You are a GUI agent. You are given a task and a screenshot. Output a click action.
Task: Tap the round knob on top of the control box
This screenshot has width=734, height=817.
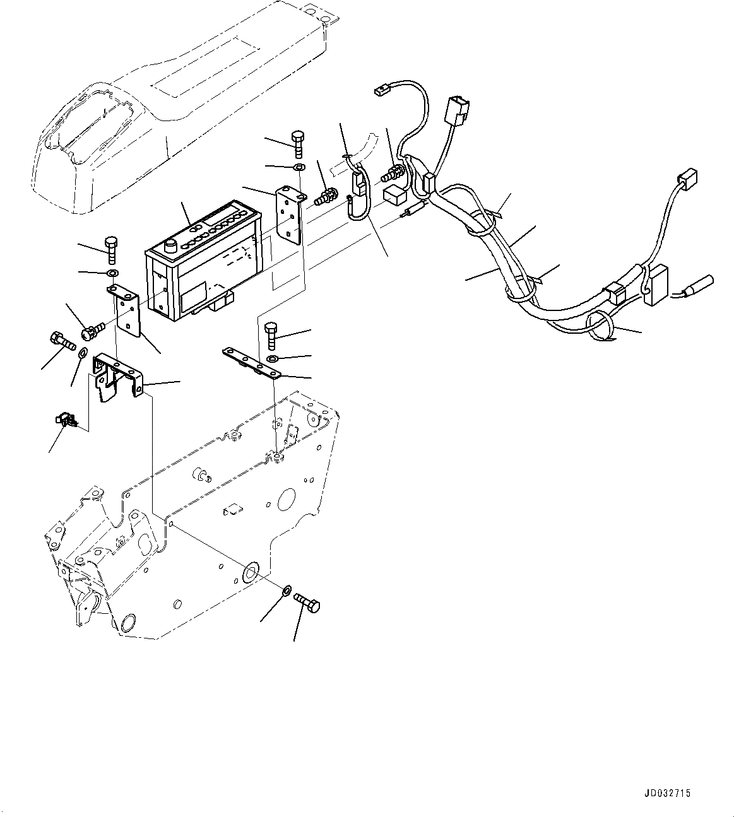tap(170, 246)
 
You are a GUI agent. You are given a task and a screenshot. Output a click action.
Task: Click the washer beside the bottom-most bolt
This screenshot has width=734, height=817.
tap(286, 591)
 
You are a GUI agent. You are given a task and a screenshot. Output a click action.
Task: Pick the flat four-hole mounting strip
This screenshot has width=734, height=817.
tap(251, 364)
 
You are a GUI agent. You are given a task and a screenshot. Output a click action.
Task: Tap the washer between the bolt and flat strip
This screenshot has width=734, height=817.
tap(271, 358)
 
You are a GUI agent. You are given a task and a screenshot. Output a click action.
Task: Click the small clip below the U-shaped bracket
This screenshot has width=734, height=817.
tap(65, 419)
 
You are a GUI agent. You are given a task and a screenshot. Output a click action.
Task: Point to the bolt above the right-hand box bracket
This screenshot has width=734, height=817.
tap(298, 144)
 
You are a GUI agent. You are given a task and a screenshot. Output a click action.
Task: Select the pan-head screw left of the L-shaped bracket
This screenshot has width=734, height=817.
tap(92, 329)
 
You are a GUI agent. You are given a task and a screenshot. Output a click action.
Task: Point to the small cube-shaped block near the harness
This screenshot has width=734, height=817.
tap(394, 195)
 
